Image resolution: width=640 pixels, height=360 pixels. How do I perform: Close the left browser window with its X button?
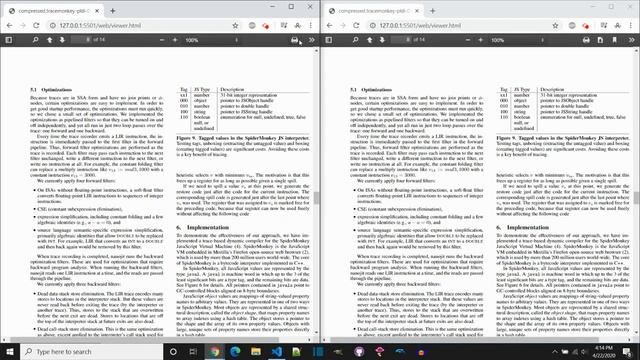click(x=311, y=6)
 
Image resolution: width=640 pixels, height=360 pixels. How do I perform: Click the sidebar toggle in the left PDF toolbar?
click(x=11, y=40)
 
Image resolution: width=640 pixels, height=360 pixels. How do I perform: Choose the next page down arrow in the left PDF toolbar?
click(x=61, y=40)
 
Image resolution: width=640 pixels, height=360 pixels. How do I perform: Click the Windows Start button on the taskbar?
click(x=8, y=351)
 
